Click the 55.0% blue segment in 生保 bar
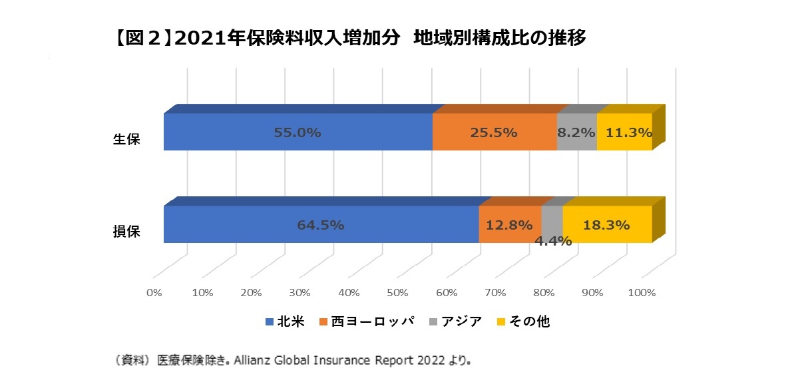click(x=297, y=132)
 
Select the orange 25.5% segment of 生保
click(x=494, y=132)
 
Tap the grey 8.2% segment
click(x=576, y=132)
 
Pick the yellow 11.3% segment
click(x=624, y=132)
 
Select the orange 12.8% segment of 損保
click(x=509, y=224)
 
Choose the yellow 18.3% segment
click(x=606, y=224)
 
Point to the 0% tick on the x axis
click(x=154, y=293)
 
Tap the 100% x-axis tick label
click(x=642, y=293)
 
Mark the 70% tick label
click(x=495, y=293)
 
